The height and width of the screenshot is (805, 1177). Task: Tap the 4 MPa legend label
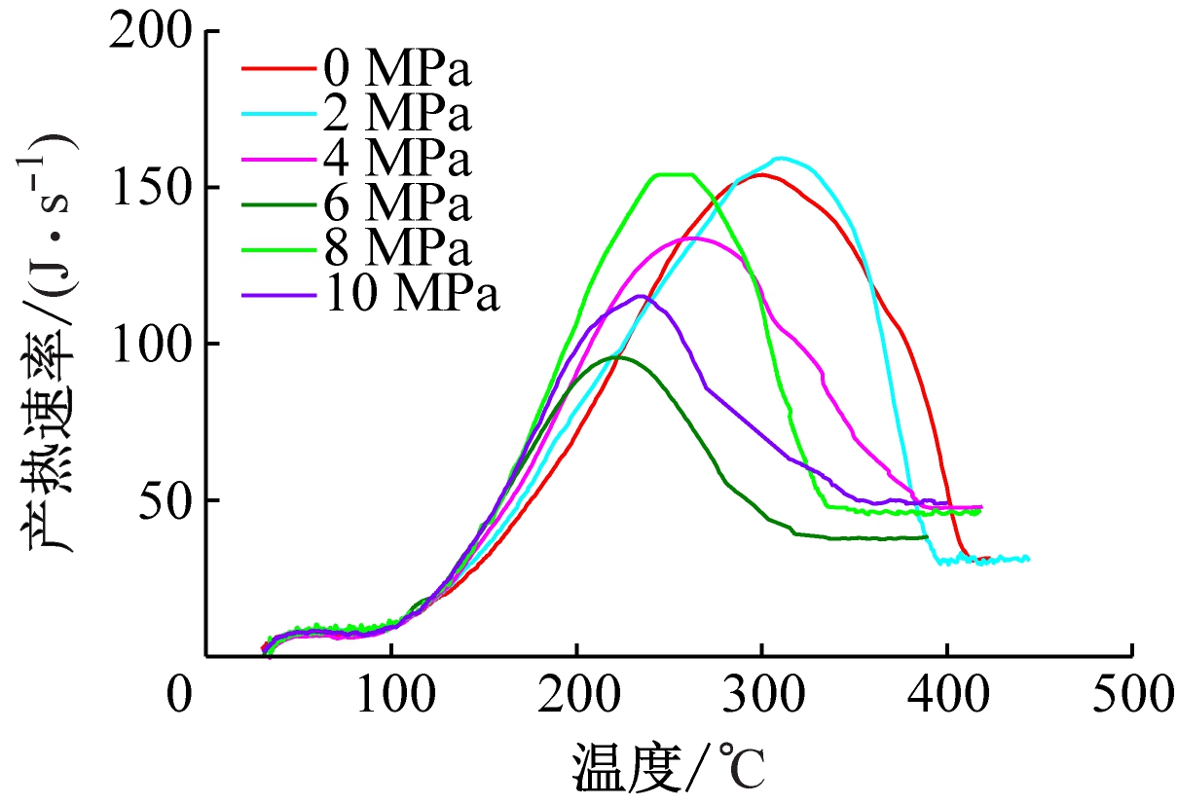click(x=392, y=158)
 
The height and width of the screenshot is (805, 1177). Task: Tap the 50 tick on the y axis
click(x=170, y=500)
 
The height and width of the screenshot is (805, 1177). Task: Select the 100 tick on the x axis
click(x=391, y=696)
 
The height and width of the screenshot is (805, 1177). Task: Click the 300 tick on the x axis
click(x=761, y=696)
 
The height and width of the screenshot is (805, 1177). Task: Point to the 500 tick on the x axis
click(x=1131, y=696)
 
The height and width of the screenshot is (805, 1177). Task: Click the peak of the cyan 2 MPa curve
click(x=781, y=158)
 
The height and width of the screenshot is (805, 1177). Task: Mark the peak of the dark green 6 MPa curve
click(x=616, y=357)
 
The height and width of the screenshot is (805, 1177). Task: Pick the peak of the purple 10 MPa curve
click(x=642, y=296)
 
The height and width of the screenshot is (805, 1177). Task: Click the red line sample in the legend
click(x=277, y=70)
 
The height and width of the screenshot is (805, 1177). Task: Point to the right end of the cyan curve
click(x=1027, y=559)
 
